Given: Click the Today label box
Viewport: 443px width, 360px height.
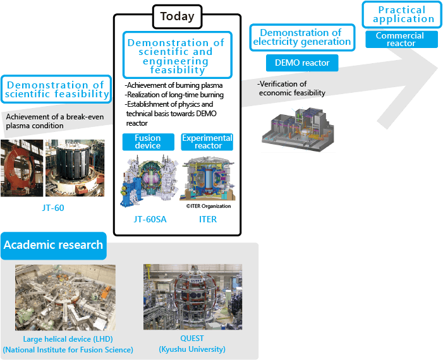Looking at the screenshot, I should coord(177,16).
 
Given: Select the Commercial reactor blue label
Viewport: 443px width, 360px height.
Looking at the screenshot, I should coord(401,39).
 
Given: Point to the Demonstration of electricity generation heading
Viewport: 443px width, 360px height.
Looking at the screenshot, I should coord(301,37).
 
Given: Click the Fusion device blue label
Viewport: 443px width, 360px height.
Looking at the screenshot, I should coord(148,142).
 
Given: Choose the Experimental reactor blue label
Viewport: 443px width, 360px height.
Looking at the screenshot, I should coord(207,142).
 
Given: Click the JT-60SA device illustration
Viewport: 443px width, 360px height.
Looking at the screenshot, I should coord(148,179).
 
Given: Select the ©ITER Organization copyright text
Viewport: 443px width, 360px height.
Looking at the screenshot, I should coord(209,206).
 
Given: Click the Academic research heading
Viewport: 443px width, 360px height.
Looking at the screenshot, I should coord(53,245).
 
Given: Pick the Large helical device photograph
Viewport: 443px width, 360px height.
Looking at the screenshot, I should coord(66,297).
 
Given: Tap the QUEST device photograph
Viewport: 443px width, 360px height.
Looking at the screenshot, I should coord(193,297).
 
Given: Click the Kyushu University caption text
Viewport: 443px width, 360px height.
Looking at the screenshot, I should coord(193,349).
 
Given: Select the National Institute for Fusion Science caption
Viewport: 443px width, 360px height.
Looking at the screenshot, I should coord(68,349).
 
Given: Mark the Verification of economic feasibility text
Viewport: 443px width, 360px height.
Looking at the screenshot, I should coord(292,88).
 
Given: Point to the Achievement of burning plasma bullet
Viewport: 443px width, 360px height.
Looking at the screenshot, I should coord(166,85).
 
